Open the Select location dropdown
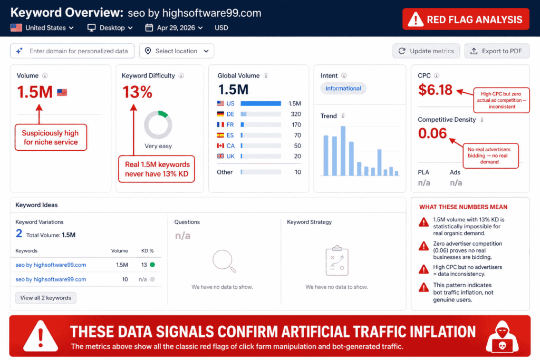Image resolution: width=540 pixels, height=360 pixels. (177, 51)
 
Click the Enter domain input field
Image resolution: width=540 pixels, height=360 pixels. (72, 51)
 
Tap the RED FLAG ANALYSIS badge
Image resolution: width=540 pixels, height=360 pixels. (466, 20)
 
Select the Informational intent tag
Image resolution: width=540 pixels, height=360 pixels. (343, 89)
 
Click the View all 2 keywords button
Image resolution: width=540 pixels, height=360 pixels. (46, 298)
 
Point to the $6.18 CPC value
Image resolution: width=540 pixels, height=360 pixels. (436, 90)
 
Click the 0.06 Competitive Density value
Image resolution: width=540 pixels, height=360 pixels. (432, 133)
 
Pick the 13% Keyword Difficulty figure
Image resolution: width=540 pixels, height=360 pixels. (138, 92)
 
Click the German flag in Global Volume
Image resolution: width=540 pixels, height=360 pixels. (220, 114)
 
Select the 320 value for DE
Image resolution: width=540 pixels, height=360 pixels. (295, 114)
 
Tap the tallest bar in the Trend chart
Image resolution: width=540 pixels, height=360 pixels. (343, 151)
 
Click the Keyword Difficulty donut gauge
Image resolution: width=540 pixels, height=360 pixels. (158, 125)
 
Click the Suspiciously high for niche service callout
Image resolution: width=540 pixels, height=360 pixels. (50, 138)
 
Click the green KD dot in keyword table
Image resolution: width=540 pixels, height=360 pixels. (152, 265)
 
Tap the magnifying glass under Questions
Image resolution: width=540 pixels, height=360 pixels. (224, 261)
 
